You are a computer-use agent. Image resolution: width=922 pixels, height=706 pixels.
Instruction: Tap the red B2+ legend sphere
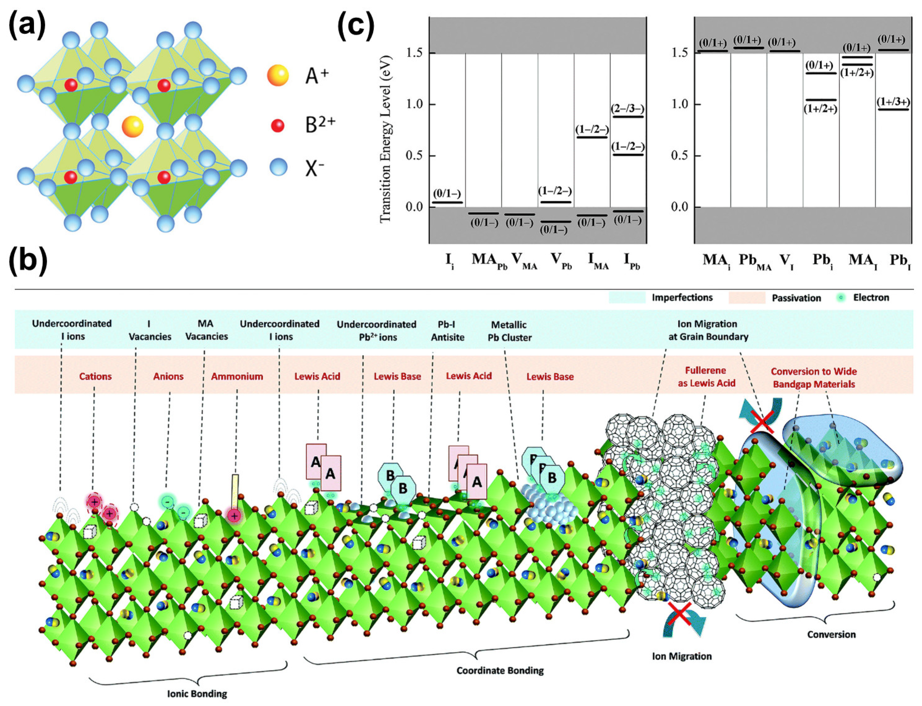point(277,125)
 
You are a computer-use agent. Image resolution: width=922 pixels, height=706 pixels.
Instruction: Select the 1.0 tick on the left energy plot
point(414,104)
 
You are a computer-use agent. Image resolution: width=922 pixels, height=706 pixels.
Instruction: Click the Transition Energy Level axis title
point(385,139)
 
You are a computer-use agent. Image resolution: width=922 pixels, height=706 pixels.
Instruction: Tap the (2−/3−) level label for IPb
point(627,109)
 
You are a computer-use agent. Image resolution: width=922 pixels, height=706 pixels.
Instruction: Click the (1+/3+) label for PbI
point(893,102)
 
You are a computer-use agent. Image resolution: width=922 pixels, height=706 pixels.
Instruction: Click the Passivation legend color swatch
point(747,297)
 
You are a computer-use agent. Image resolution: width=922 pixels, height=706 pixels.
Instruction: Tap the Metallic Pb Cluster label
point(509,331)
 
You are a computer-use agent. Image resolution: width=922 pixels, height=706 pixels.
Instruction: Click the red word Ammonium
point(237,376)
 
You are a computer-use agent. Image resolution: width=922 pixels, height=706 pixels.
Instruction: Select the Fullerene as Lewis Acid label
point(706,377)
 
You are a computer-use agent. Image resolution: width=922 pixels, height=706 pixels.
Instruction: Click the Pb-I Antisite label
point(447,331)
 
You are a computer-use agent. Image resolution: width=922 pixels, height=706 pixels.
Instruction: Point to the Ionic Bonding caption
point(197,693)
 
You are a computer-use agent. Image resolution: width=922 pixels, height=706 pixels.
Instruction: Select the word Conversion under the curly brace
point(831,634)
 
